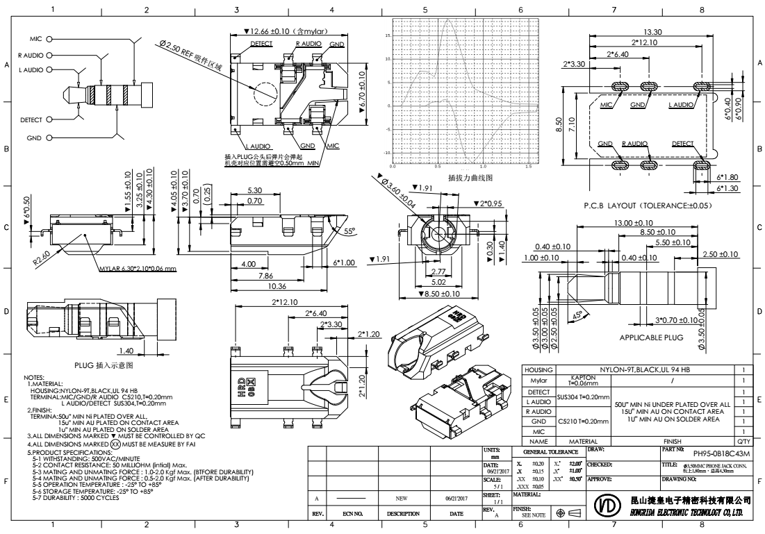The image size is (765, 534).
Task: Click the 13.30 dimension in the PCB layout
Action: click(652, 31)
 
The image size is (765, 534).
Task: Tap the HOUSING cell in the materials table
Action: click(539, 370)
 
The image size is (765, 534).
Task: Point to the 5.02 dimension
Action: click(439, 283)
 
